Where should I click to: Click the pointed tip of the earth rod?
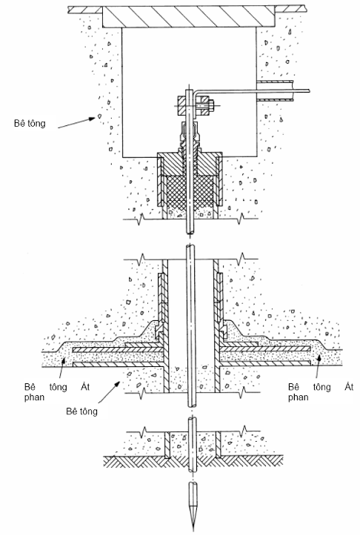tap(193, 531)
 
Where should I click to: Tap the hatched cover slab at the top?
tap(189, 16)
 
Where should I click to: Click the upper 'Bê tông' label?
tap(30, 123)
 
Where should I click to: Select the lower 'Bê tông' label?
tap(81, 411)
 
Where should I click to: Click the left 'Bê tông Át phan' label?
tap(57, 391)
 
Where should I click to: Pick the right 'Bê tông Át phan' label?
tap(321, 391)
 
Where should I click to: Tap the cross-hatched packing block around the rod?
tap(189, 189)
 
